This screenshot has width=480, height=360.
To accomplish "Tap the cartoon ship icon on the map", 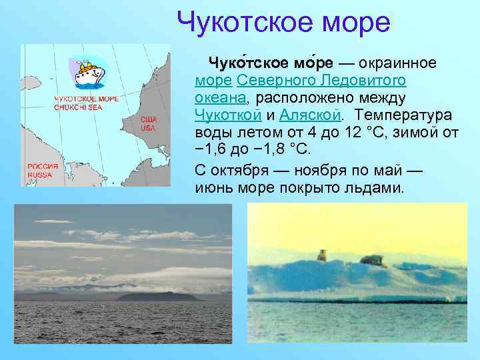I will pos(88,72).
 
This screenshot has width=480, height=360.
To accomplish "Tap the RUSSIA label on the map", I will pos(40,175).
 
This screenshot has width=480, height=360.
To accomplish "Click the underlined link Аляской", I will pos(310,115).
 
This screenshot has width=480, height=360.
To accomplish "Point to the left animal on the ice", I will pos(321,255).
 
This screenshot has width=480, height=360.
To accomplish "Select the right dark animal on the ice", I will pos(372,260).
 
